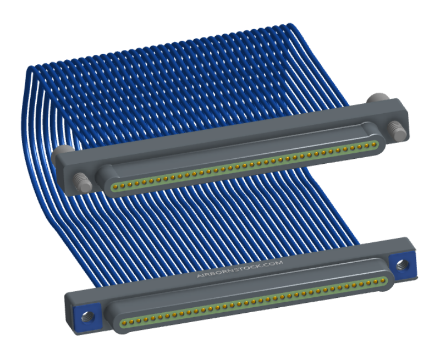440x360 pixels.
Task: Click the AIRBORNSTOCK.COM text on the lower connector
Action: (240, 269)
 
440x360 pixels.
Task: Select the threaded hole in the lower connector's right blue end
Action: (402, 264)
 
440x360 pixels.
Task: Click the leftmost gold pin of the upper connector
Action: (115, 186)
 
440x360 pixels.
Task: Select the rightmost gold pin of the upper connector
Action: (374, 145)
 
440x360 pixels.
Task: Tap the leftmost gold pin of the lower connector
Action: (124, 323)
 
